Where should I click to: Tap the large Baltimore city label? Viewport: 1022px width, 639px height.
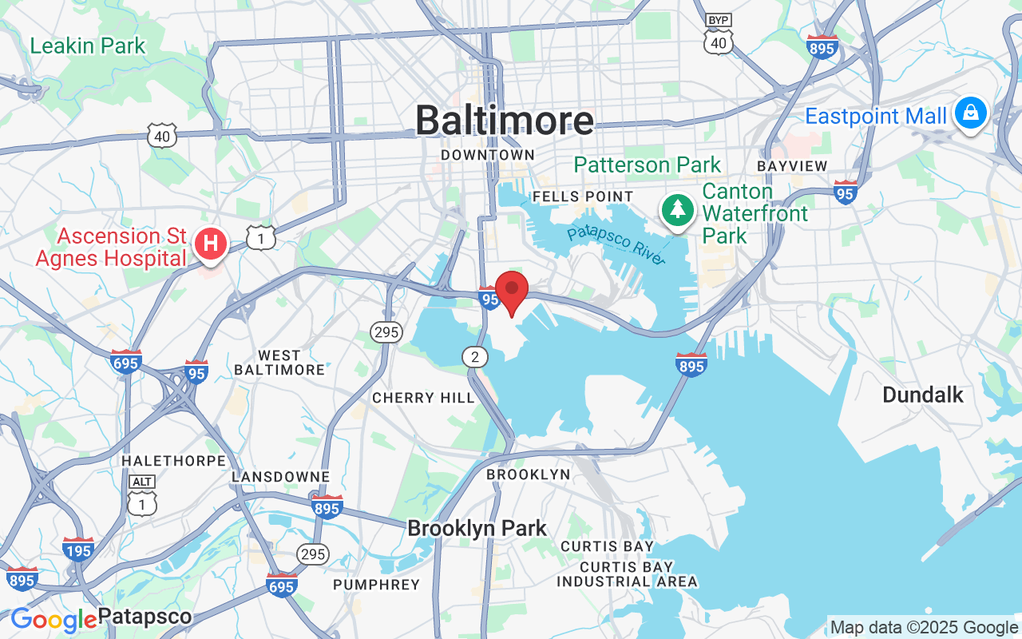pyautogui.click(x=505, y=121)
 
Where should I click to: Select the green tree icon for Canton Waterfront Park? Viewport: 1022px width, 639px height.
pyautogui.click(x=678, y=210)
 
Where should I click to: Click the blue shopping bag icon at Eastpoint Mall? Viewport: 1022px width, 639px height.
pyautogui.click(x=970, y=113)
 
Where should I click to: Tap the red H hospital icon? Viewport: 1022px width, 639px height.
pyautogui.click(x=211, y=244)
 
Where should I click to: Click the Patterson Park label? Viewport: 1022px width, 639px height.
pyautogui.click(x=648, y=165)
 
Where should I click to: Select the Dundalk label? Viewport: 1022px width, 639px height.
pyautogui.click(x=922, y=395)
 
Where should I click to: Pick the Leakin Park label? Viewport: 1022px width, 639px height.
pyautogui.click(x=88, y=46)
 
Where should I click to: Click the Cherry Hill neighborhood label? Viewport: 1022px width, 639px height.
pyautogui.click(x=423, y=398)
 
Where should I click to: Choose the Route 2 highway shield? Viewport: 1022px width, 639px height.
pyautogui.click(x=475, y=356)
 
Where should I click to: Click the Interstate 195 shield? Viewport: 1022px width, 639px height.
pyautogui.click(x=77, y=549)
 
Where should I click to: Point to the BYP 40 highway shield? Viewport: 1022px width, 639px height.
pyautogui.click(x=719, y=36)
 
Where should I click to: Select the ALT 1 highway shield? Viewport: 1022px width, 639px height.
pyautogui.click(x=142, y=496)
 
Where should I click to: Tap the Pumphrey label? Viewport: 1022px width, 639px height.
pyautogui.click(x=376, y=585)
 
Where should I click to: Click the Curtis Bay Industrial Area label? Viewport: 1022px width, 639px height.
pyautogui.click(x=627, y=574)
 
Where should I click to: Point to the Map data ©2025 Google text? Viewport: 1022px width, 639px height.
pyautogui.click(x=924, y=628)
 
